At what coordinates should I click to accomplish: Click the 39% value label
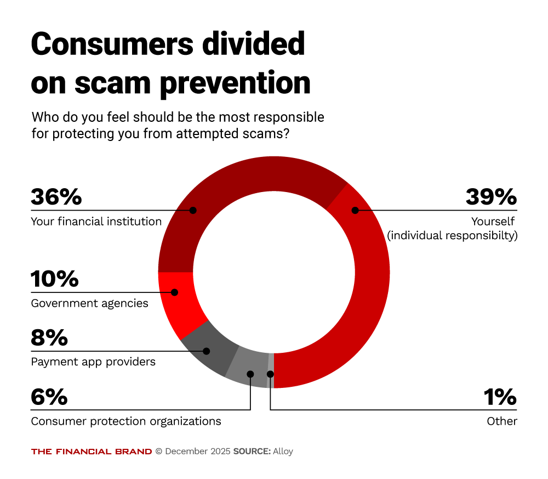[x=490, y=196]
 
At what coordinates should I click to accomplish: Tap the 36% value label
[x=56, y=196]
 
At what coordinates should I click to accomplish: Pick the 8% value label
[x=49, y=337]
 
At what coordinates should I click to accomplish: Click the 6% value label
[x=49, y=397]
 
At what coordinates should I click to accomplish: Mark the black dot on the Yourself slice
[x=355, y=210]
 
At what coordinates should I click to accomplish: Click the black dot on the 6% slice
[x=250, y=374]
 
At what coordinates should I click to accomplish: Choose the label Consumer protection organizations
[x=126, y=421]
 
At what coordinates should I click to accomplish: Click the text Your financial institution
[x=96, y=222]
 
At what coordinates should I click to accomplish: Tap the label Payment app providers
[x=93, y=362]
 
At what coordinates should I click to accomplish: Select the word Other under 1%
[x=502, y=421]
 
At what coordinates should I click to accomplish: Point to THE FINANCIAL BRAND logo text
[x=92, y=452]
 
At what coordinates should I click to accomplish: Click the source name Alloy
[x=283, y=452]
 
